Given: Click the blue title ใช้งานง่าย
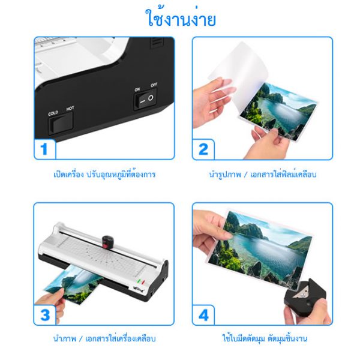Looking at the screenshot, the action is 181,18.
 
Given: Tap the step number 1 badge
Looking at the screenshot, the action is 44,149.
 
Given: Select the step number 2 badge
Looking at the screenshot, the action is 203,149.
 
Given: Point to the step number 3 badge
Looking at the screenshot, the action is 45,315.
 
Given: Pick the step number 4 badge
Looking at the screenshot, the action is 203,315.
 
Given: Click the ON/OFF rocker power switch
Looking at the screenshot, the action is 146,99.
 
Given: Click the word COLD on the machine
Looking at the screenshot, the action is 53,113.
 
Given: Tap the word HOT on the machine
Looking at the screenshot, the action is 70,108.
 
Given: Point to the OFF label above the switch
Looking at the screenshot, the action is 154,85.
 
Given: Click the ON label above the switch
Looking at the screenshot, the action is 137,89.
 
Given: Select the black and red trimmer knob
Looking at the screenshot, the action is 107,242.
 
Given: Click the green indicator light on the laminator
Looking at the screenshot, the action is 139,281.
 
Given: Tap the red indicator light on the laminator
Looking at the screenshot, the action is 143,283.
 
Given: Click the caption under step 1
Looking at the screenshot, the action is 104,175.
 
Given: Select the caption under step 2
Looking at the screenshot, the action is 263,174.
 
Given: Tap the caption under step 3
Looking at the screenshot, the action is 104,338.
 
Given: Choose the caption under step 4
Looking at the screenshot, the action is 265,338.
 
